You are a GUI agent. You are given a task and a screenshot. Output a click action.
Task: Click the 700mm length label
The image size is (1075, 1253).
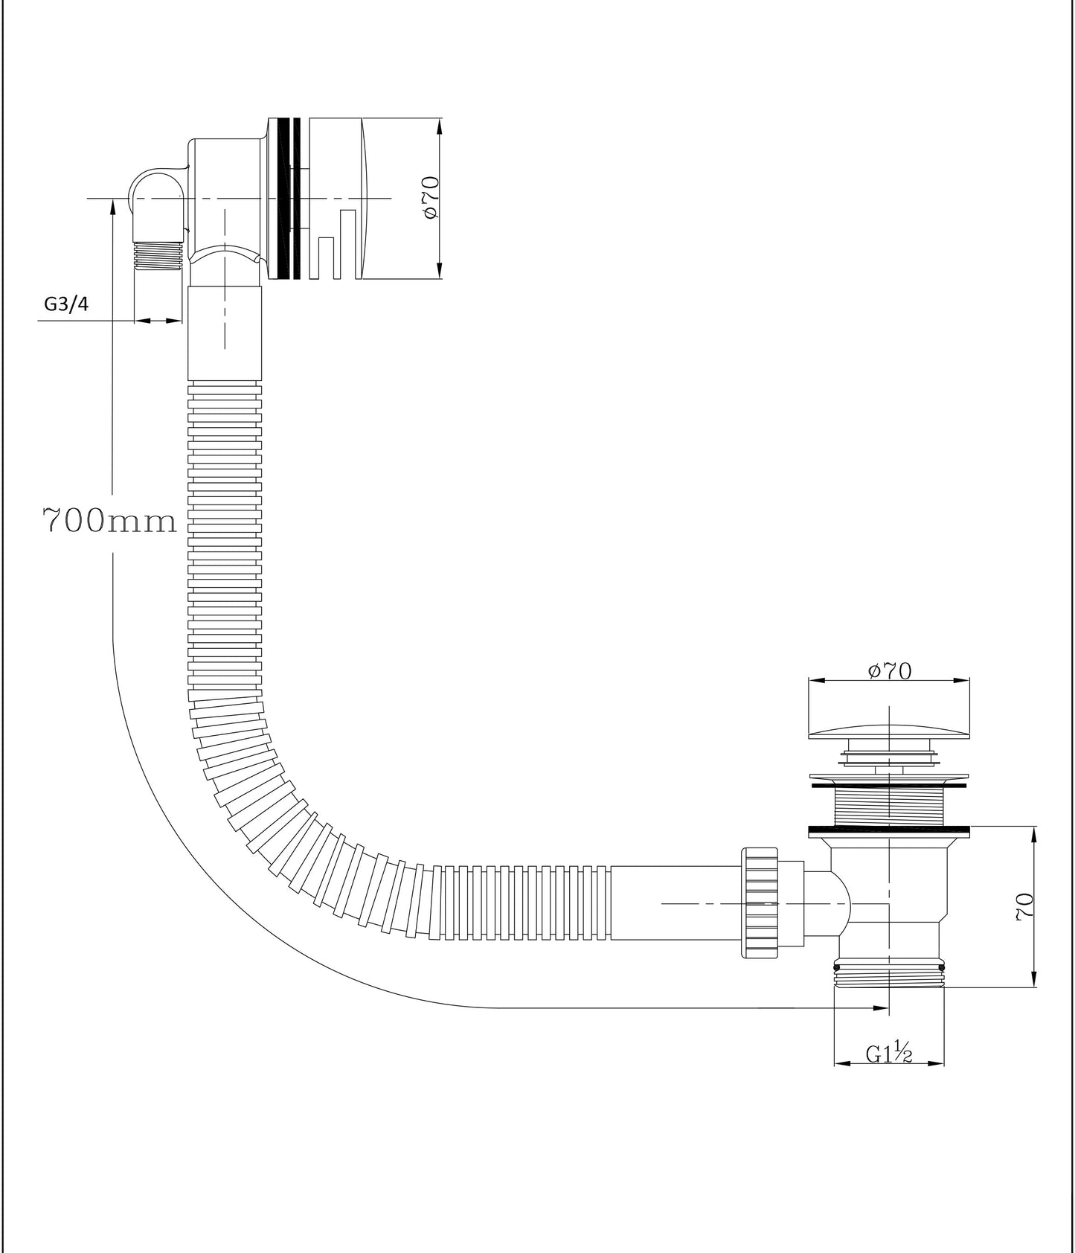coord(109,521)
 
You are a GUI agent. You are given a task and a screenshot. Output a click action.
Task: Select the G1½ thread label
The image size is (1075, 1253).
coord(888,1054)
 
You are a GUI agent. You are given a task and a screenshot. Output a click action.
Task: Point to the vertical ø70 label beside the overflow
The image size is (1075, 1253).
coord(430,197)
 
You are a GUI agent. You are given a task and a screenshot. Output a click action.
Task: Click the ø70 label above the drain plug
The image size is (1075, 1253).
coord(890,671)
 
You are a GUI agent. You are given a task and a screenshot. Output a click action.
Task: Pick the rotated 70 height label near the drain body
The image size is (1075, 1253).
coord(1024,908)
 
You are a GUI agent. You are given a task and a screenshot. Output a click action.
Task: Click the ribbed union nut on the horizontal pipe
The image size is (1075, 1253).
coord(759,902)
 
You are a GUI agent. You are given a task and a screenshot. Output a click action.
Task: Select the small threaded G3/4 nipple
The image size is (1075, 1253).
coord(158,255)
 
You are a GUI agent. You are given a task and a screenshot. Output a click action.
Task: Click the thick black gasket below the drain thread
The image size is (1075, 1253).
coord(889,830)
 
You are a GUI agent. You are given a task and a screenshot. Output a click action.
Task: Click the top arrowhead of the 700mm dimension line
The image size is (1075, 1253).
coord(112,205)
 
